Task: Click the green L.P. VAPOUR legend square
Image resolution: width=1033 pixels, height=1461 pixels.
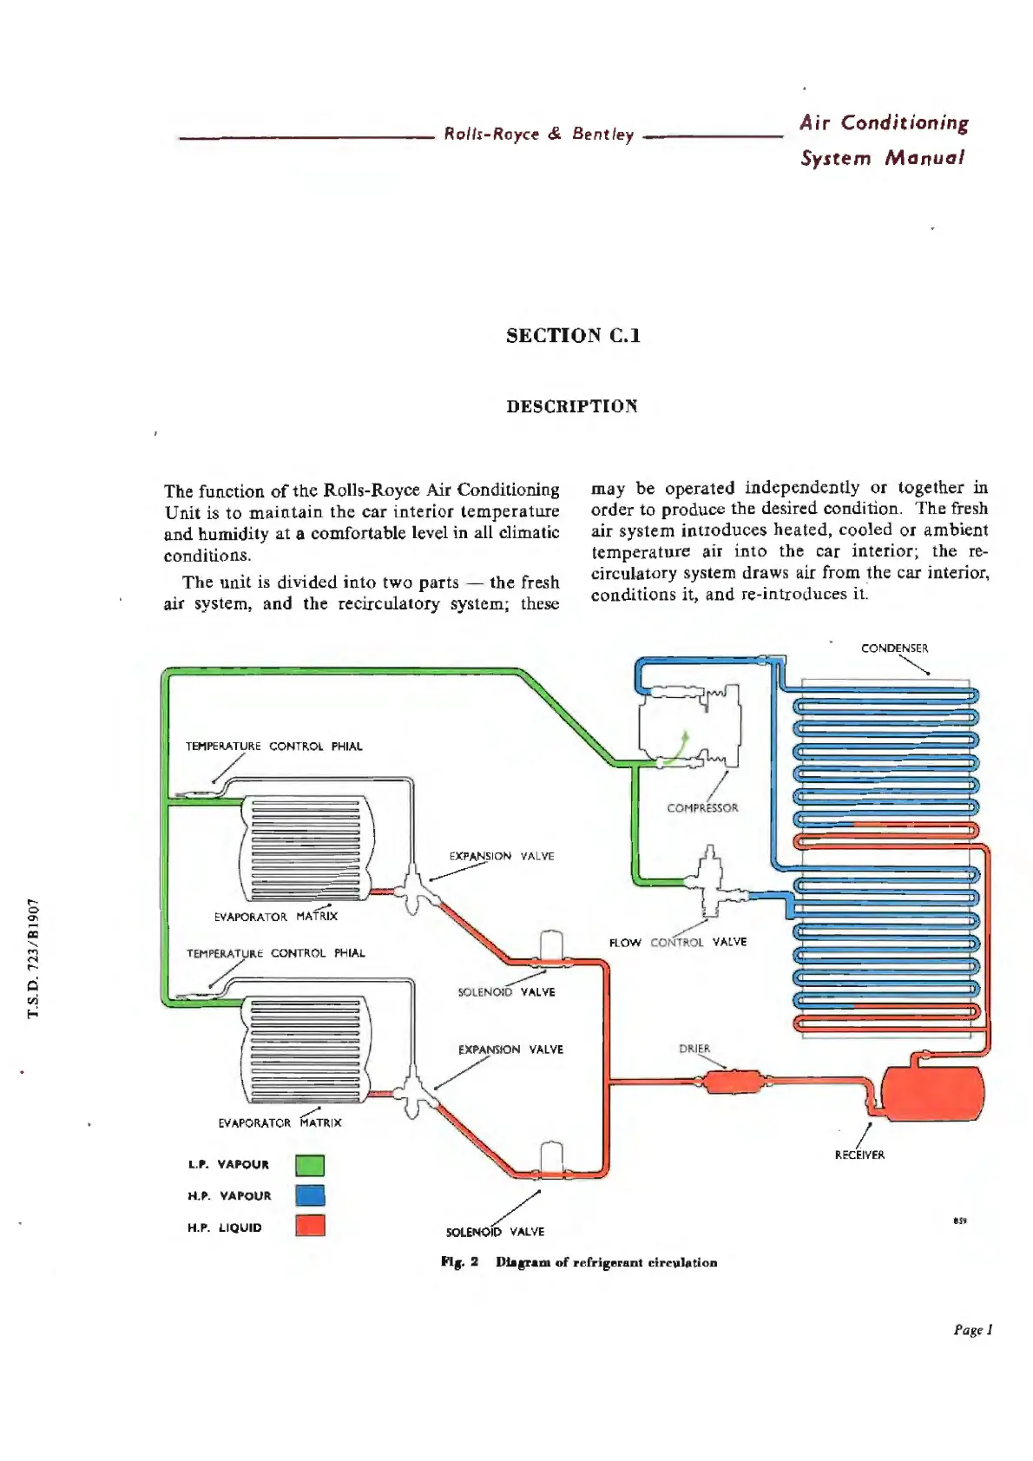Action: pyautogui.click(x=310, y=1165)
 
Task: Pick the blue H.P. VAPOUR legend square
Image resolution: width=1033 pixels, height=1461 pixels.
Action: pyautogui.click(x=310, y=1195)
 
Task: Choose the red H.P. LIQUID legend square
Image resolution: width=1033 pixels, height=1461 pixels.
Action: pyautogui.click(x=310, y=1226)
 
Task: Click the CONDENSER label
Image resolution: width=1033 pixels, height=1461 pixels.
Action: pyautogui.click(x=894, y=648)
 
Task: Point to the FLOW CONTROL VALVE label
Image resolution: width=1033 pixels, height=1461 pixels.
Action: pyautogui.click(x=677, y=942)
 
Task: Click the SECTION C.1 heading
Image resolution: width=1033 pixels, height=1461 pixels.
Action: pyautogui.click(x=573, y=336)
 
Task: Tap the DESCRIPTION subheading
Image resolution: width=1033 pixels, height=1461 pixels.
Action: pyautogui.click(x=572, y=406)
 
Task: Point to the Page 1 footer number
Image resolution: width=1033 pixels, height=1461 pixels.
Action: pyautogui.click(x=972, y=1329)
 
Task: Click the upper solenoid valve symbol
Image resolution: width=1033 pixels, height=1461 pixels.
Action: pyautogui.click(x=551, y=950)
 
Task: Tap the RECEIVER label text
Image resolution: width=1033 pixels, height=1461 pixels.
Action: pyautogui.click(x=859, y=1155)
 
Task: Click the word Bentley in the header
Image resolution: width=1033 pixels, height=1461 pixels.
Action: pyautogui.click(x=602, y=135)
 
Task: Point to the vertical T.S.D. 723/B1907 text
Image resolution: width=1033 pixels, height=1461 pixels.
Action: pyautogui.click(x=34, y=958)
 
